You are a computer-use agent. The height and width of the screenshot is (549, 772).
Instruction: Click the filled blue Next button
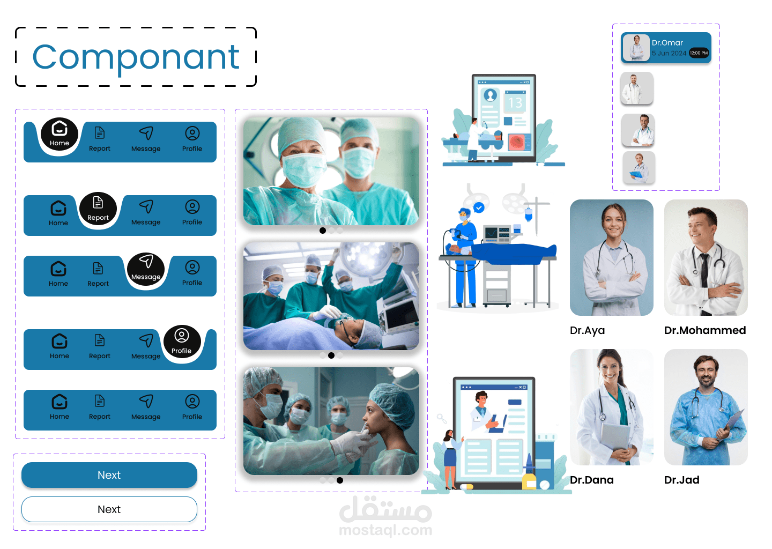pyautogui.click(x=109, y=474)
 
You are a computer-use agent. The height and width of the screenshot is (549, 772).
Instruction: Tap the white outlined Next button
pyautogui.click(x=109, y=509)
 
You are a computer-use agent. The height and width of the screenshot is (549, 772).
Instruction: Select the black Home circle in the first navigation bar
pyautogui.click(x=60, y=135)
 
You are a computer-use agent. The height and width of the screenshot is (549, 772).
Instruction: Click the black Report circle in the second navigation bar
pyautogui.click(x=98, y=209)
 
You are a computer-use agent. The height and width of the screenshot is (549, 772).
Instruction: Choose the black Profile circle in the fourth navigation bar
pyautogui.click(x=182, y=342)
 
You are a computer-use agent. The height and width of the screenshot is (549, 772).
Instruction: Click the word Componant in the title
pyautogui.click(x=136, y=58)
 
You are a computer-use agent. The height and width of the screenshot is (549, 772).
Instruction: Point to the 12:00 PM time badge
pyautogui.click(x=699, y=53)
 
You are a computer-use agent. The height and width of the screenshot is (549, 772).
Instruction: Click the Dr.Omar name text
pyautogui.click(x=667, y=43)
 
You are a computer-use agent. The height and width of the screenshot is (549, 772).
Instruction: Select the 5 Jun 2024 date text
pyautogui.click(x=669, y=53)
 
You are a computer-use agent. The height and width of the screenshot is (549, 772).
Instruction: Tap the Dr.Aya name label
pyautogui.click(x=587, y=330)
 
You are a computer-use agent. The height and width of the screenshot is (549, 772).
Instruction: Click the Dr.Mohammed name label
pyautogui.click(x=705, y=330)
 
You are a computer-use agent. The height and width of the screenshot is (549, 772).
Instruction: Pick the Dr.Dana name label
pyautogui.click(x=592, y=480)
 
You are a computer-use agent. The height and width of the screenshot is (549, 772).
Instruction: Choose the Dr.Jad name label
pyautogui.click(x=682, y=480)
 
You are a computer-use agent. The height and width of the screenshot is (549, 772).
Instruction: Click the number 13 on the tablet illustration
pyautogui.click(x=515, y=103)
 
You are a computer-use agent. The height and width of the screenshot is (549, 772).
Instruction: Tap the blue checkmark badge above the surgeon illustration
pyautogui.click(x=479, y=207)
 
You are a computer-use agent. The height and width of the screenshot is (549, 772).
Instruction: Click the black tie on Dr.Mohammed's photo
pyautogui.click(x=704, y=272)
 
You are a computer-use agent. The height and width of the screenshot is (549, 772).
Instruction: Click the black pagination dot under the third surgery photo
pyautogui.click(x=340, y=480)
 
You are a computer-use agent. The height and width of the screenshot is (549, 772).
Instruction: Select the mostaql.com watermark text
pyautogui.click(x=385, y=530)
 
